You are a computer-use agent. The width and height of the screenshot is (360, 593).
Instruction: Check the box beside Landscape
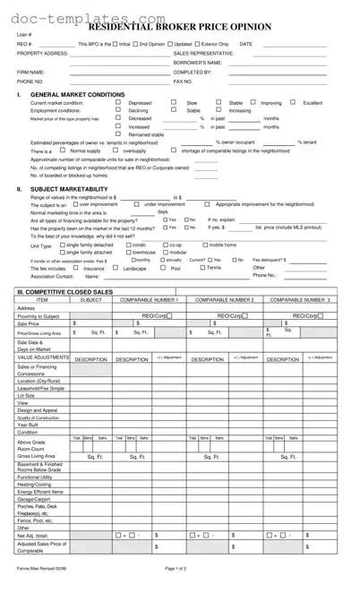118,268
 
